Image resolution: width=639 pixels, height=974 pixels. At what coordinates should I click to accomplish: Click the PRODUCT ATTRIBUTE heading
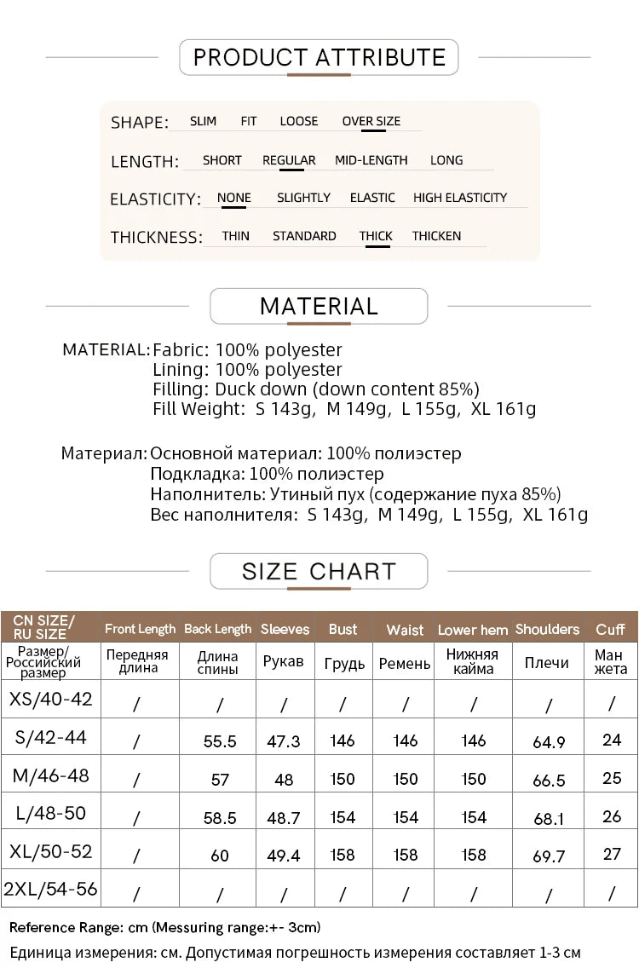point(319,57)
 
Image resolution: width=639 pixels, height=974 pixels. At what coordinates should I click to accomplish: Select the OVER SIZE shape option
point(371,121)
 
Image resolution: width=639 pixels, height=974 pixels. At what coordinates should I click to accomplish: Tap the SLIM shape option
point(203,121)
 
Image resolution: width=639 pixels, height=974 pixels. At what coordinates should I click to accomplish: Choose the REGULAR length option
point(289,160)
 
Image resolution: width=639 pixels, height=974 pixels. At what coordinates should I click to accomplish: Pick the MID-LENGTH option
point(371,160)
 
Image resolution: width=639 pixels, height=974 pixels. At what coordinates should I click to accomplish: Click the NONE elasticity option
point(233,198)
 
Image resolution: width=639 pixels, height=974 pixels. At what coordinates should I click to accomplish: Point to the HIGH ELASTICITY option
point(460,198)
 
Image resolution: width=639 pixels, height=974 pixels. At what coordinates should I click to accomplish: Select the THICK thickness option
point(376,236)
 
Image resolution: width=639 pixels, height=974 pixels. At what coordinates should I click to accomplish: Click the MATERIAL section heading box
point(319,306)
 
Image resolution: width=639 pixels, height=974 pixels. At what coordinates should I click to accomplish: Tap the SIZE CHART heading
point(319,571)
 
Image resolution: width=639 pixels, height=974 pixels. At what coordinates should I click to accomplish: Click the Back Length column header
point(218,629)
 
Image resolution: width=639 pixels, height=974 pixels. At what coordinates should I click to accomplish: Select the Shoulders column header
point(547,629)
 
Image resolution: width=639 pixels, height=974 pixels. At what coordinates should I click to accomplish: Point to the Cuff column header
point(611,629)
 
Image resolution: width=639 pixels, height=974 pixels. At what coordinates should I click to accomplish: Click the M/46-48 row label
point(51,775)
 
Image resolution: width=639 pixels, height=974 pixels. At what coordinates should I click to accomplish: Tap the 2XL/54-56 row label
point(51,890)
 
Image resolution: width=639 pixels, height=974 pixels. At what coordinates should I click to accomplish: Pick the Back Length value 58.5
point(220,817)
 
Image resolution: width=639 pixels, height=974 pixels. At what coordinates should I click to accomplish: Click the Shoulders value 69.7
point(549,856)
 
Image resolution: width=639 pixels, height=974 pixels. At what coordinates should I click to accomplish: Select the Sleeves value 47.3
point(284,741)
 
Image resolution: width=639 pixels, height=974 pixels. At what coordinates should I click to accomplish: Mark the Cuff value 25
point(612,778)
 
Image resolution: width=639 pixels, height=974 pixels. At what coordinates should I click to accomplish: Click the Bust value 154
point(343,817)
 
